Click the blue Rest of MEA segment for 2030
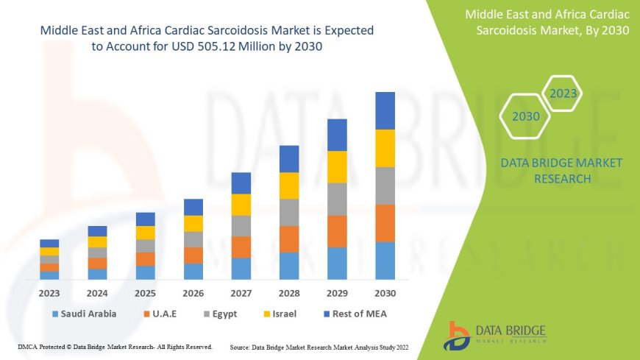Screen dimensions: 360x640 tap(385, 110)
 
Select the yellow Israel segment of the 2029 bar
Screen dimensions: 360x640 tap(337, 166)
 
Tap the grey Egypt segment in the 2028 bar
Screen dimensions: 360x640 tap(289, 212)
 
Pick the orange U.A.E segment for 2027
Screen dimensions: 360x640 tap(241, 247)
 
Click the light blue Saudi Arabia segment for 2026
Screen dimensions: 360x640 tap(193, 271)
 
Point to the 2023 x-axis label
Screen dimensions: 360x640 tap(49, 292)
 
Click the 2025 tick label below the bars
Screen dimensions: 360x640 tap(146, 292)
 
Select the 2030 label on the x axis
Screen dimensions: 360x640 tap(385, 292)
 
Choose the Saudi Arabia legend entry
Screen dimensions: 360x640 tap(83, 314)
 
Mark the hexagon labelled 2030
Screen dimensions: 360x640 tap(526, 116)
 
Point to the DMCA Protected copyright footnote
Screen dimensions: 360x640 tap(115, 346)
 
